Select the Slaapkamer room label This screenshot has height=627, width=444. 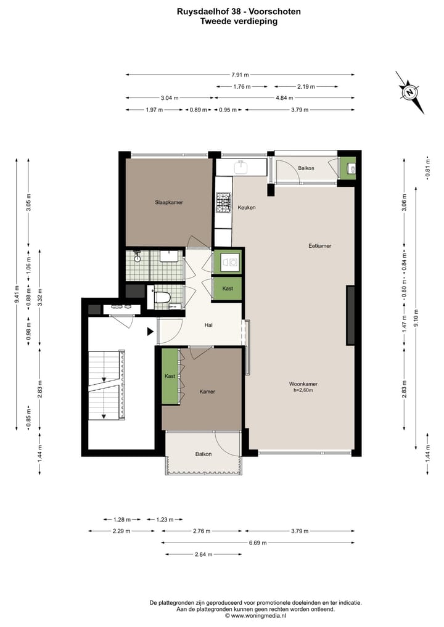coord(168,202)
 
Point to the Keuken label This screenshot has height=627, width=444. coord(247,208)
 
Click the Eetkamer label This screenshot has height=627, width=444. coord(319,246)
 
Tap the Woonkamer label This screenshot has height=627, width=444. coord(303,383)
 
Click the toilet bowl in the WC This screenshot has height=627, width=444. coord(163,298)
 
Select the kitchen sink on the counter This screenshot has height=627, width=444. coord(240,167)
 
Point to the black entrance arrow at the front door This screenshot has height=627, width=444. coord(150,332)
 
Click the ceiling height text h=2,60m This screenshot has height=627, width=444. coord(303,390)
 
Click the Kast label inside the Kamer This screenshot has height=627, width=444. coord(170,376)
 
